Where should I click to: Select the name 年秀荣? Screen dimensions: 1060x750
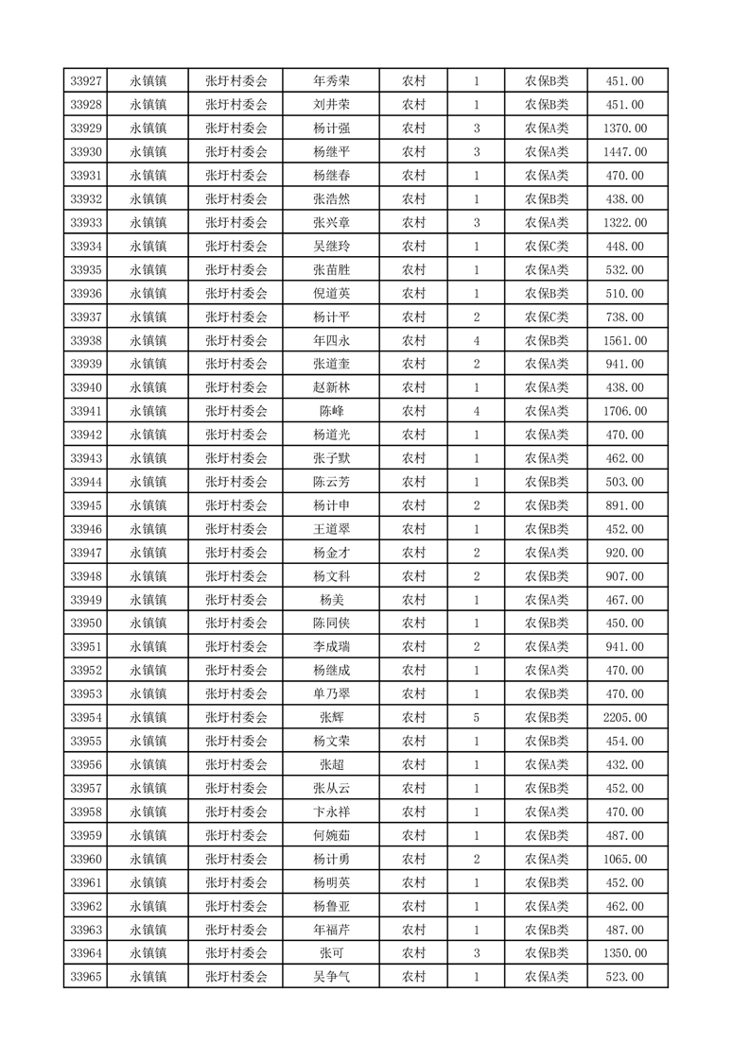tap(331, 81)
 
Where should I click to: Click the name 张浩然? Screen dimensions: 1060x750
tap(331, 199)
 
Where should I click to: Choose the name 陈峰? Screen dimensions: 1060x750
tap(331, 411)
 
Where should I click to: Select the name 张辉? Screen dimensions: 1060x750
tap(331, 718)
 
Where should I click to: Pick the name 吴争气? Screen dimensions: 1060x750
tap(331, 977)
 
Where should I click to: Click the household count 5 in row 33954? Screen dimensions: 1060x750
tap(476, 718)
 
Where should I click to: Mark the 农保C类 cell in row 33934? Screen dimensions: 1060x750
tap(547, 247)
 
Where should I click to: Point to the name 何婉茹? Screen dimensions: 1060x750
tap(331, 836)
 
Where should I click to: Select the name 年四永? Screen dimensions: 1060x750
tap(331, 340)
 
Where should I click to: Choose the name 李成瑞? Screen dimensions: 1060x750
tap(331, 647)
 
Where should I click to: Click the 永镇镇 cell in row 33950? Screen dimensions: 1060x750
tap(148, 624)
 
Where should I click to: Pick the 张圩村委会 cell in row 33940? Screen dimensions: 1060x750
tap(236, 387)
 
